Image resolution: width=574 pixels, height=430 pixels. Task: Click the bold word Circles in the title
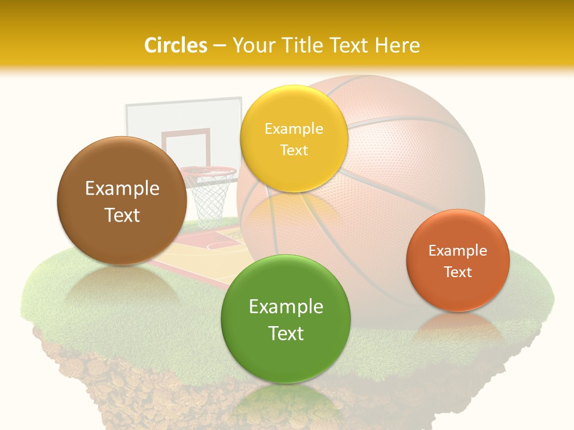(x=176, y=45)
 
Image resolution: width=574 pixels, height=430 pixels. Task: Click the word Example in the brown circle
(x=122, y=189)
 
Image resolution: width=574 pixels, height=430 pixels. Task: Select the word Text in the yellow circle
(x=294, y=150)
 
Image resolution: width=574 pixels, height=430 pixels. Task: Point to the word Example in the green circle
(x=286, y=307)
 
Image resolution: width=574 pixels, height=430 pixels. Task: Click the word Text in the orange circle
(x=458, y=272)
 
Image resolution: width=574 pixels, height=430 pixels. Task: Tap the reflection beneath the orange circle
(x=457, y=325)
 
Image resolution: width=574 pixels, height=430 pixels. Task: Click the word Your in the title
(x=251, y=45)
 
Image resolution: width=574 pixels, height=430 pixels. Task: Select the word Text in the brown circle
(x=122, y=216)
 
